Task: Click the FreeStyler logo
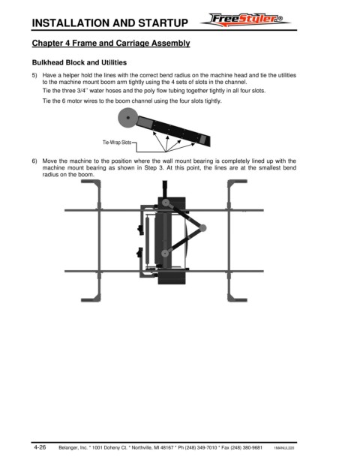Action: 245,20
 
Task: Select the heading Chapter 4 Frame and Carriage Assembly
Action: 111,43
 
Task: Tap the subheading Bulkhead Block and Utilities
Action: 79,63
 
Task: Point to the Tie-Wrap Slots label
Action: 117,143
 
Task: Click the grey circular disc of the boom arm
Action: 128,118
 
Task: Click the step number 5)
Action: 34,76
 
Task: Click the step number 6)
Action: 34,161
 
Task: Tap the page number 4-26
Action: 40,447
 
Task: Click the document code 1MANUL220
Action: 284,448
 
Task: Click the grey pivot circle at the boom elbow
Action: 202,228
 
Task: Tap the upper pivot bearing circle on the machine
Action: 166,203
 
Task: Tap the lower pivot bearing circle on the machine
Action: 164,254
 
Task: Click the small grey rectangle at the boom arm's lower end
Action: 203,139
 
